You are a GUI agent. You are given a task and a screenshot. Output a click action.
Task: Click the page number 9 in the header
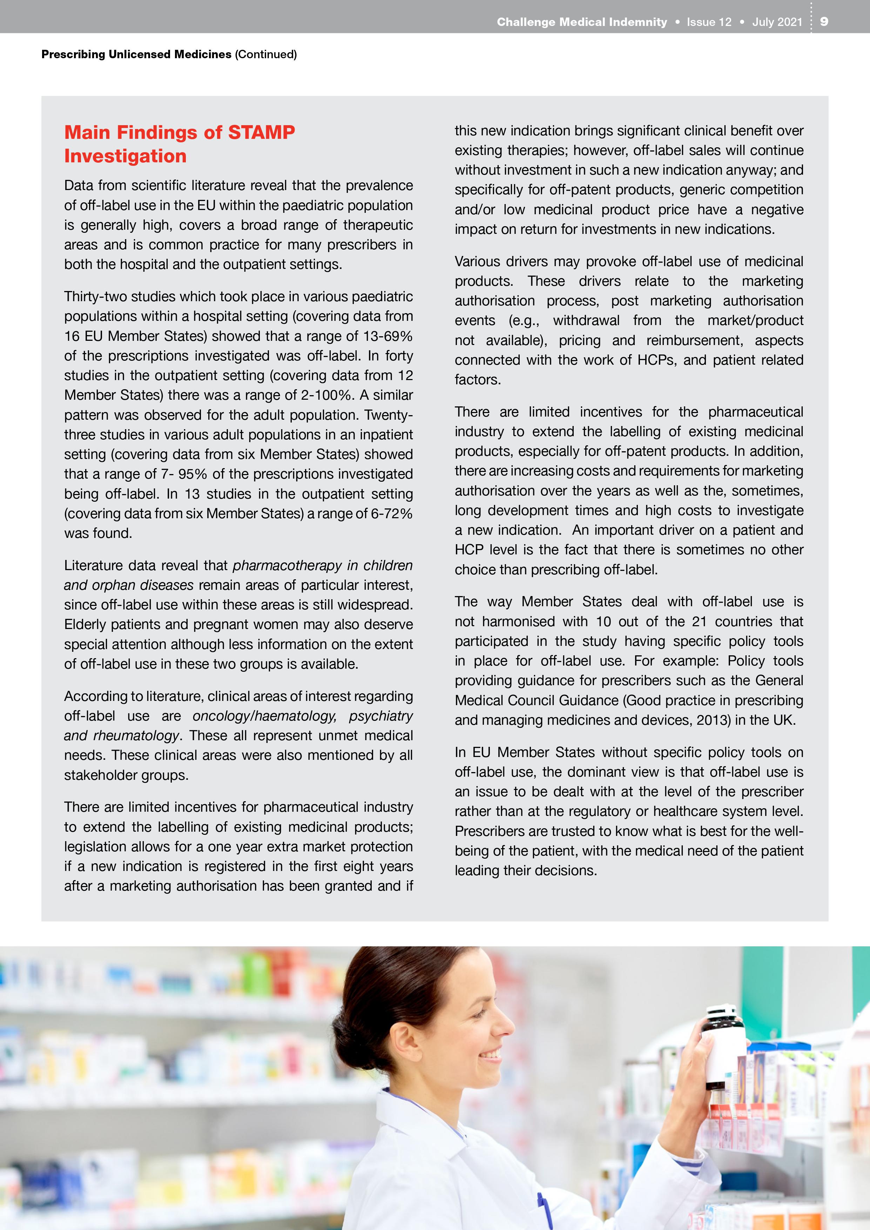824,21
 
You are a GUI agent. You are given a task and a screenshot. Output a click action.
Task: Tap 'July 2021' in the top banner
777,22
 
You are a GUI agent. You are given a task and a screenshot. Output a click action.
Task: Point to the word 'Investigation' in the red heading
125,156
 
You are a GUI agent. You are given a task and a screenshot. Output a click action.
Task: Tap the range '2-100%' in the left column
327,395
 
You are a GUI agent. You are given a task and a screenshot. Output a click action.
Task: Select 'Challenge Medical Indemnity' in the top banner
581,22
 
